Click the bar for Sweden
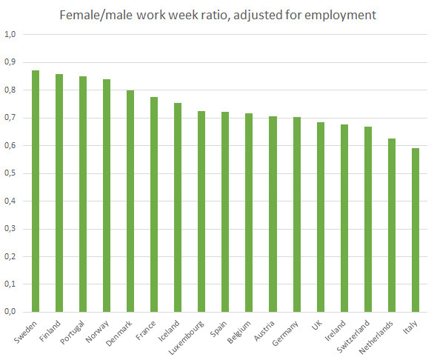click(x=36, y=191)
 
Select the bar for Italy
click(x=416, y=230)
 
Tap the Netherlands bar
click(x=392, y=225)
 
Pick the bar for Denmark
click(x=130, y=201)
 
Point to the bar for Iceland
click(x=178, y=207)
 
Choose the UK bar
click(x=321, y=217)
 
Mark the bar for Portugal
click(x=83, y=194)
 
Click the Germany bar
click(x=297, y=215)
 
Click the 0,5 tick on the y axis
click(x=10, y=173)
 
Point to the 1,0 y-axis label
click(x=10, y=35)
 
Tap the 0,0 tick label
click(x=10, y=312)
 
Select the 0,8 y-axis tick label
click(x=10, y=90)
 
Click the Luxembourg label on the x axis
click(x=186, y=338)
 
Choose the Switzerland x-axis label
click(x=353, y=336)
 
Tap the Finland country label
click(x=50, y=331)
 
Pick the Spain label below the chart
click(x=218, y=328)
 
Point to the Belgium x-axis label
click(x=238, y=332)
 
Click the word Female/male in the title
click(x=96, y=15)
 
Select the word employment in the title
click(x=340, y=16)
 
